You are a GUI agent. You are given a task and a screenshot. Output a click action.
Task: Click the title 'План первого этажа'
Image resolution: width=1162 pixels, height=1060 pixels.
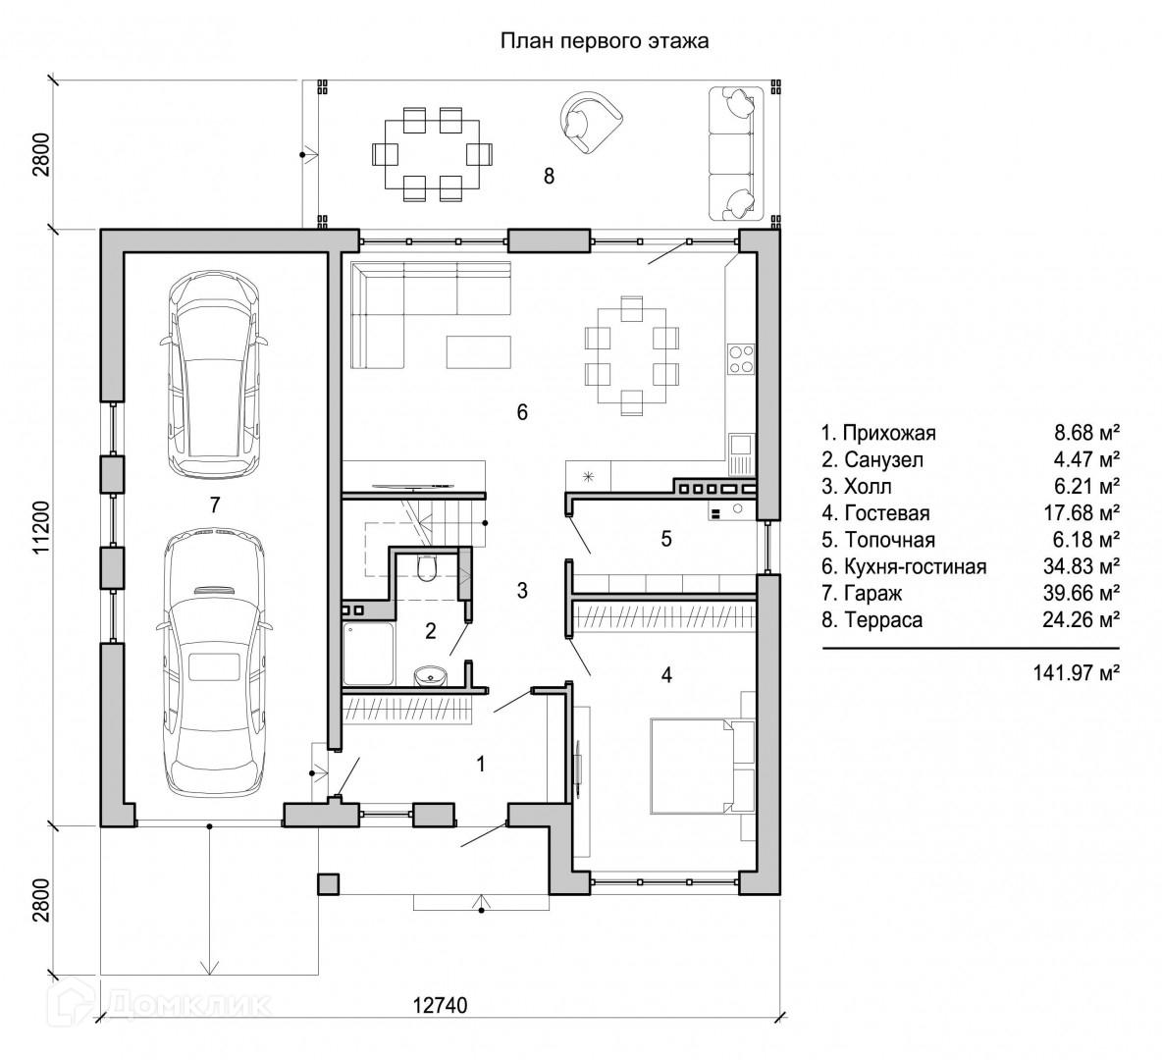pos(604,41)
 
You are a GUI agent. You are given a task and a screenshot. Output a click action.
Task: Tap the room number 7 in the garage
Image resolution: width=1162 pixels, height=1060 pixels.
pos(215,504)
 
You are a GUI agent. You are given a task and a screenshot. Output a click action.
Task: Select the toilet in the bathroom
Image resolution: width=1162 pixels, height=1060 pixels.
pos(428,568)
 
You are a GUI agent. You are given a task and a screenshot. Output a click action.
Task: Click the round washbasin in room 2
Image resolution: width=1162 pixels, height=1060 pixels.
pos(430,676)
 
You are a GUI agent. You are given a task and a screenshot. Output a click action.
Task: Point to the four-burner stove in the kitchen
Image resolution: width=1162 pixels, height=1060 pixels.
pos(740,359)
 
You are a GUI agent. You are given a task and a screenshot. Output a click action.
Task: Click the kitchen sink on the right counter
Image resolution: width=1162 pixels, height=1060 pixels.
pos(740,453)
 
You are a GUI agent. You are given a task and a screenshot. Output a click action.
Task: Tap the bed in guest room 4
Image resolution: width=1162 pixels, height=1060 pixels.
pos(701,766)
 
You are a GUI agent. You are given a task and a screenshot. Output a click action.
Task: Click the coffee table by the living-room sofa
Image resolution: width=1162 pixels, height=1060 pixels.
pos(479,352)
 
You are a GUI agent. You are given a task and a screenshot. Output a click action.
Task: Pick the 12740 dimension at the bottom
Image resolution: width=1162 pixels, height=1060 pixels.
pos(441,1005)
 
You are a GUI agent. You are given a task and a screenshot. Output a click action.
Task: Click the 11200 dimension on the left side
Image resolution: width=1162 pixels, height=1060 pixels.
pos(41,528)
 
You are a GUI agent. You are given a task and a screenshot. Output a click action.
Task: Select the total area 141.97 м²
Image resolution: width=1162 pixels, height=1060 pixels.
pos(1076,672)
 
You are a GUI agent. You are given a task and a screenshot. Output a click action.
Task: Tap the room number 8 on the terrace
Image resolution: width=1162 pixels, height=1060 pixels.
pos(550,177)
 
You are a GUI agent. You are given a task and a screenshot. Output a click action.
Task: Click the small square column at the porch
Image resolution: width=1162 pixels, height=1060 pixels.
pos(329,883)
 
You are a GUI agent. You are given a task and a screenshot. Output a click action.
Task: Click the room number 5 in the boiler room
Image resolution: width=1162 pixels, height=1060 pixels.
pos(666,539)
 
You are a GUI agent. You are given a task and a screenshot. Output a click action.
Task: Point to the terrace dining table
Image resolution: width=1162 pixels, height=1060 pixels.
pos(431,154)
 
